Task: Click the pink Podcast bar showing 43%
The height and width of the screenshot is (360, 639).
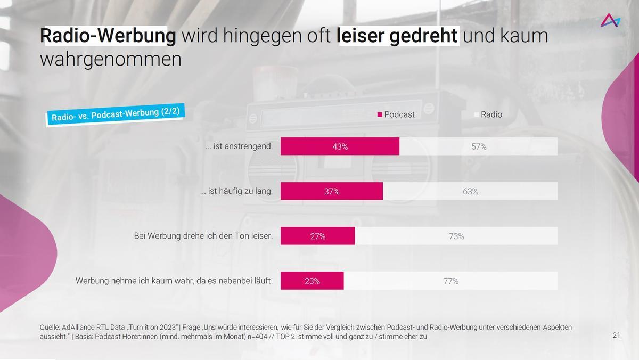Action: tap(340, 146)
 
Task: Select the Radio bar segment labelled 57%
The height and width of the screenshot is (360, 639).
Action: tap(478, 146)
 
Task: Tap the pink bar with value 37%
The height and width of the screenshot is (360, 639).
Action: tap(331, 191)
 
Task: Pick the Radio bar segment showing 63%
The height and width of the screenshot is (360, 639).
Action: tap(470, 191)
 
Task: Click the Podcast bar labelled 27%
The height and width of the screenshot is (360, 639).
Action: tap(317, 236)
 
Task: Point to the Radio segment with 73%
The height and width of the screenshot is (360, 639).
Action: tap(456, 236)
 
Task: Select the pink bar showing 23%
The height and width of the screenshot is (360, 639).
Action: tap(312, 281)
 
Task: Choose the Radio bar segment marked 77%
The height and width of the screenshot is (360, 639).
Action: tap(450, 281)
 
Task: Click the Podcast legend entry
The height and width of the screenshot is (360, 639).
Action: tap(396, 114)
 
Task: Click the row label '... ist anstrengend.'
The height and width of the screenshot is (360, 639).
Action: tap(239, 146)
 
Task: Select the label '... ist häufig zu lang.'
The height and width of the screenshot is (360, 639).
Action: tap(236, 191)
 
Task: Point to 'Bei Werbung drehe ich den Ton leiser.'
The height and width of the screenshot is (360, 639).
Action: tap(203, 235)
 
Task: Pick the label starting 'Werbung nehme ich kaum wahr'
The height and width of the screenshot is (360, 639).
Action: tap(174, 280)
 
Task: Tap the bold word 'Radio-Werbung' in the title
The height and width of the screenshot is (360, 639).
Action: tap(108, 36)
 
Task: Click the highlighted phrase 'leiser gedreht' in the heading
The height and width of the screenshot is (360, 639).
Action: tap(397, 36)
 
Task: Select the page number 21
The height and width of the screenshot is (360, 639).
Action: tap(617, 335)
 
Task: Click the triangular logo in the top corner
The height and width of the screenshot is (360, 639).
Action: tap(610, 21)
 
